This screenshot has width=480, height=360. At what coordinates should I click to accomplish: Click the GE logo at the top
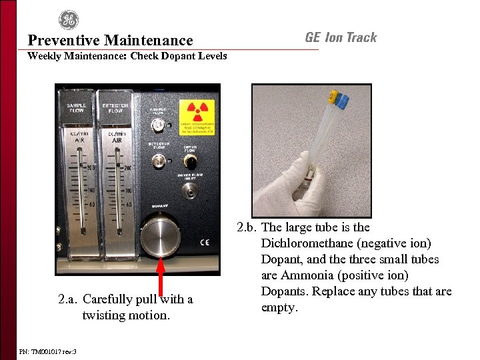[x=68, y=20]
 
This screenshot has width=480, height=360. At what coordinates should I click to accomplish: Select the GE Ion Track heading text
[x=341, y=37]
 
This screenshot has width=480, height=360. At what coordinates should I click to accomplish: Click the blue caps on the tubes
[x=342, y=101]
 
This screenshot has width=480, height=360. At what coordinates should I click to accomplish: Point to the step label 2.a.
[x=69, y=299]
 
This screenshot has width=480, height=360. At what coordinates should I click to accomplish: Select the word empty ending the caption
[x=279, y=307]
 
